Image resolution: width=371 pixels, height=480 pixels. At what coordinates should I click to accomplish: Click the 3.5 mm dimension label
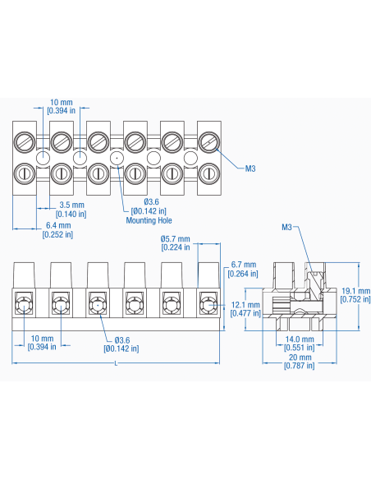tap(73, 205)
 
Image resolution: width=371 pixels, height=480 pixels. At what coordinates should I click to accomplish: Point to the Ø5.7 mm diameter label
tap(175, 239)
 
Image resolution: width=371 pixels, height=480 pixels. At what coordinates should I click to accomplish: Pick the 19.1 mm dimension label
tap(355, 291)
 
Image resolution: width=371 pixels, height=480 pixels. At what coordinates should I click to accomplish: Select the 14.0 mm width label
tap(299, 339)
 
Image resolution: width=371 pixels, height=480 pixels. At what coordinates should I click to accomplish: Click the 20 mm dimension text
tap(299, 358)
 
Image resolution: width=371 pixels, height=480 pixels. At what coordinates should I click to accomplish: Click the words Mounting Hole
tap(149, 220)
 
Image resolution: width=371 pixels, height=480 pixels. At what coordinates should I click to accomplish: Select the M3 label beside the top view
tap(250, 168)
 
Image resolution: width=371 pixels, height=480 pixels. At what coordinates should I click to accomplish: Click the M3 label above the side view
tap(287, 227)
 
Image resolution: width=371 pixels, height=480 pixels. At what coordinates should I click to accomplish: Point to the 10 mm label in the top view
tap(62, 103)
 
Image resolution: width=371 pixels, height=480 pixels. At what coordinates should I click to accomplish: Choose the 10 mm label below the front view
tap(42, 338)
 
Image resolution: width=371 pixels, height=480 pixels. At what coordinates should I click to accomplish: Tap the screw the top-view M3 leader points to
tap(208, 141)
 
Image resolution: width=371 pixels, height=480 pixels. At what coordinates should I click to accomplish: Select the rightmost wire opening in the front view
tap(208, 307)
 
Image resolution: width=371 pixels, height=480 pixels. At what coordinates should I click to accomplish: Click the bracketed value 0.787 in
tap(299, 366)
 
